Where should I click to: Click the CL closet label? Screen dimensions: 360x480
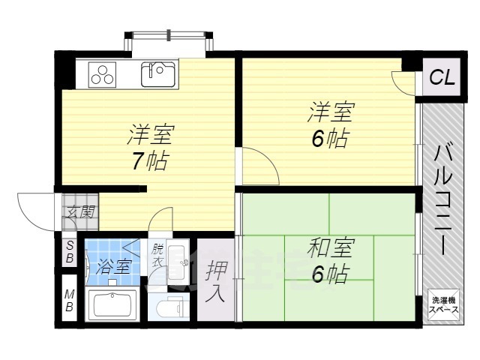pos(441,77)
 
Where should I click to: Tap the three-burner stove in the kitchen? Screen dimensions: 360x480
pos(104,73)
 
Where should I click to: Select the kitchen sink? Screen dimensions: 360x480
pos(158,73)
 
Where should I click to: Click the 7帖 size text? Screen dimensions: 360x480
pos(150,161)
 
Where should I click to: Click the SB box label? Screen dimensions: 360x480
pos(68,253)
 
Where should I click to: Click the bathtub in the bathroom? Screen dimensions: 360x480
pos(110,304)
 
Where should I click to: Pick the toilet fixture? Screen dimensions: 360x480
pos(171,306)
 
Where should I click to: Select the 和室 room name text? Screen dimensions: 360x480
pos(330,248)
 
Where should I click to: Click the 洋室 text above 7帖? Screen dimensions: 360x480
pos(150,135)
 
